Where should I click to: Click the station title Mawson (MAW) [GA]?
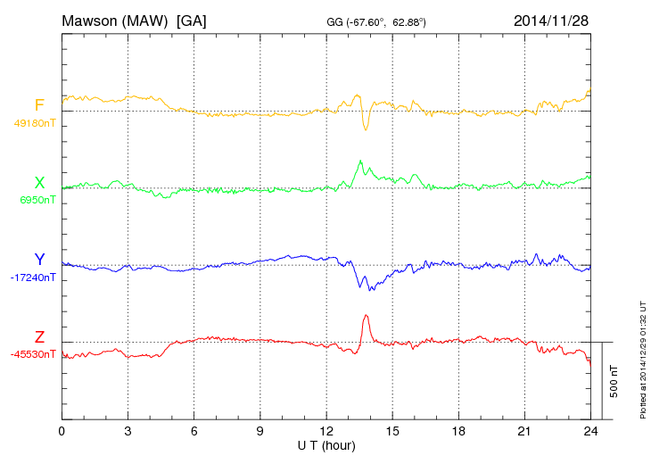coord(134,20)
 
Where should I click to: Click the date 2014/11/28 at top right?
coord(550,20)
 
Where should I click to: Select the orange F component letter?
coord(39,106)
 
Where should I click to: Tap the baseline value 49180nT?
coord(34,123)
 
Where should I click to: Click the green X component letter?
coord(39,183)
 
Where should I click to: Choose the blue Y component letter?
coord(39,260)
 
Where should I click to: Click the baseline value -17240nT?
coord(34,278)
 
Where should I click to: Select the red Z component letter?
coord(39,337)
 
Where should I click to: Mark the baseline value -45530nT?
coord(34,354)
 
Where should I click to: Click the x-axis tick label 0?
coord(62,431)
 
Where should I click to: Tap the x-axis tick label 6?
coord(194,431)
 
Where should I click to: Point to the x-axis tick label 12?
coord(325,431)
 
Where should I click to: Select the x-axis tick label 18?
coord(457,431)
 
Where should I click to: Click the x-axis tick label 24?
coord(589,431)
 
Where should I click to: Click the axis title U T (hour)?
coord(325,444)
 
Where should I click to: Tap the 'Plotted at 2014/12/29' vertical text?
coord(642,357)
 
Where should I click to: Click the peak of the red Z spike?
coord(366,315)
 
